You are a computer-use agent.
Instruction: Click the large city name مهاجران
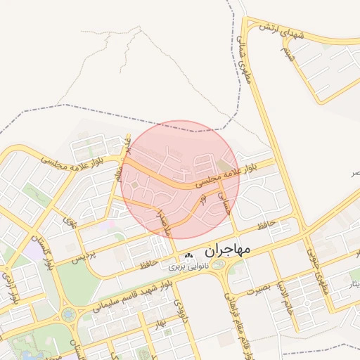click(x=229, y=250)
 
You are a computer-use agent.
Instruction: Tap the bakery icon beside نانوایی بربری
click(x=187, y=257)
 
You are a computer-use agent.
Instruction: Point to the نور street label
click(x=204, y=200)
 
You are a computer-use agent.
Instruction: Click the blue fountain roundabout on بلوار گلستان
click(x=69, y=314)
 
